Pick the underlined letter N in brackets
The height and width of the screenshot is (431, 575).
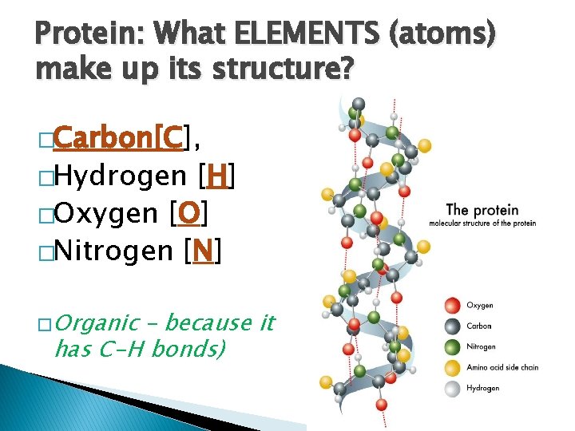pyautogui.click(x=202, y=252)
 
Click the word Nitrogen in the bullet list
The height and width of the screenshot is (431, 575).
pyautogui.click(x=112, y=252)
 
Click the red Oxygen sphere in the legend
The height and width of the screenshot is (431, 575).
pyautogui.click(x=452, y=305)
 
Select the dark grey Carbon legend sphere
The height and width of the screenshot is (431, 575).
pyautogui.click(x=452, y=326)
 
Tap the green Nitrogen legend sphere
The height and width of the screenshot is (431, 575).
pyautogui.click(x=452, y=346)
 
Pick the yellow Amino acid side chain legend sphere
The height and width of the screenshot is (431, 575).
pyautogui.click(x=452, y=367)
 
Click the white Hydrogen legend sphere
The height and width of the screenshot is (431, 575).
pyautogui.click(x=452, y=388)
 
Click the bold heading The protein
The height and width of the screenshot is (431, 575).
pyautogui.click(x=482, y=211)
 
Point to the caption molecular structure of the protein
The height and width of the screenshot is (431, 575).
pyautogui.click(x=482, y=223)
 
